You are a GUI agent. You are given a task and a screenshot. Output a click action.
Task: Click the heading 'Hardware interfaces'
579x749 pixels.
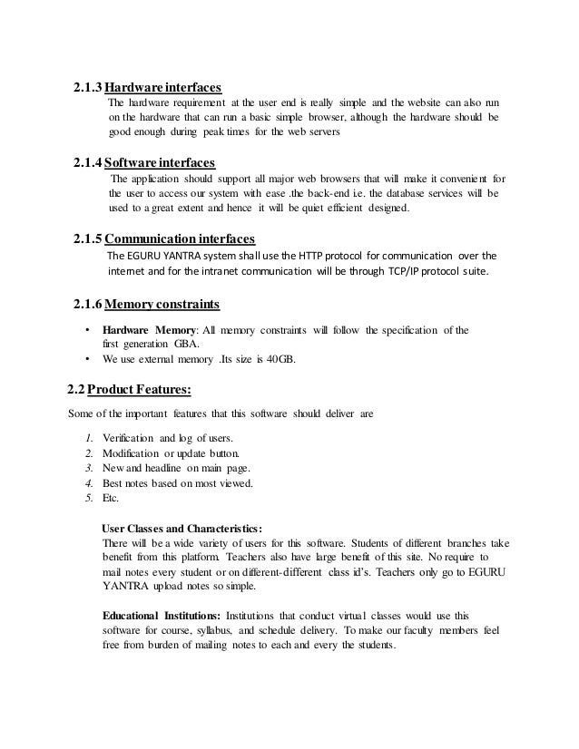coord(163,88)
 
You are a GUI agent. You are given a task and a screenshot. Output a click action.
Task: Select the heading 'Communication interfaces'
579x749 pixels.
coord(180,238)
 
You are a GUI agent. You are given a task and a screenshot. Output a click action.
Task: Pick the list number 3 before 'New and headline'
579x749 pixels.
coord(87,468)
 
